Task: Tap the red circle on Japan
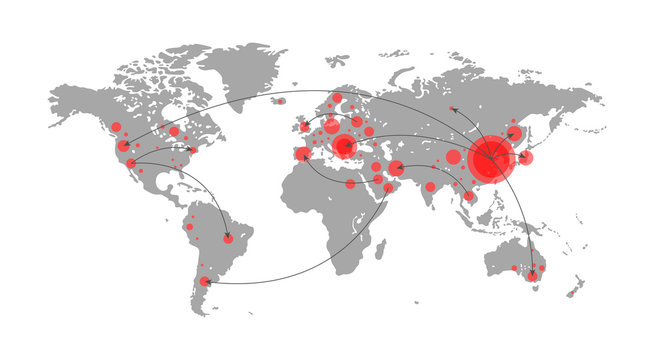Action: click(x=527, y=157)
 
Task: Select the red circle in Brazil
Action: click(x=228, y=238)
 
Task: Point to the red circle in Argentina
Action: click(x=205, y=282)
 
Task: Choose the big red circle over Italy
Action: click(x=345, y=147)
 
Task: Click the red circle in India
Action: click(x=431, y=187)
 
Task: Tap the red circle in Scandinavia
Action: click(x=338, y=98)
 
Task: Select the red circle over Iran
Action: click(x=397, y=168)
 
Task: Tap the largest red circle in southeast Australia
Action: click(x=533, y=275)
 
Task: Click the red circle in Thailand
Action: click(x=468, y=196)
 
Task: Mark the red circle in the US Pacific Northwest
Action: click(x=116, y=128)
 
